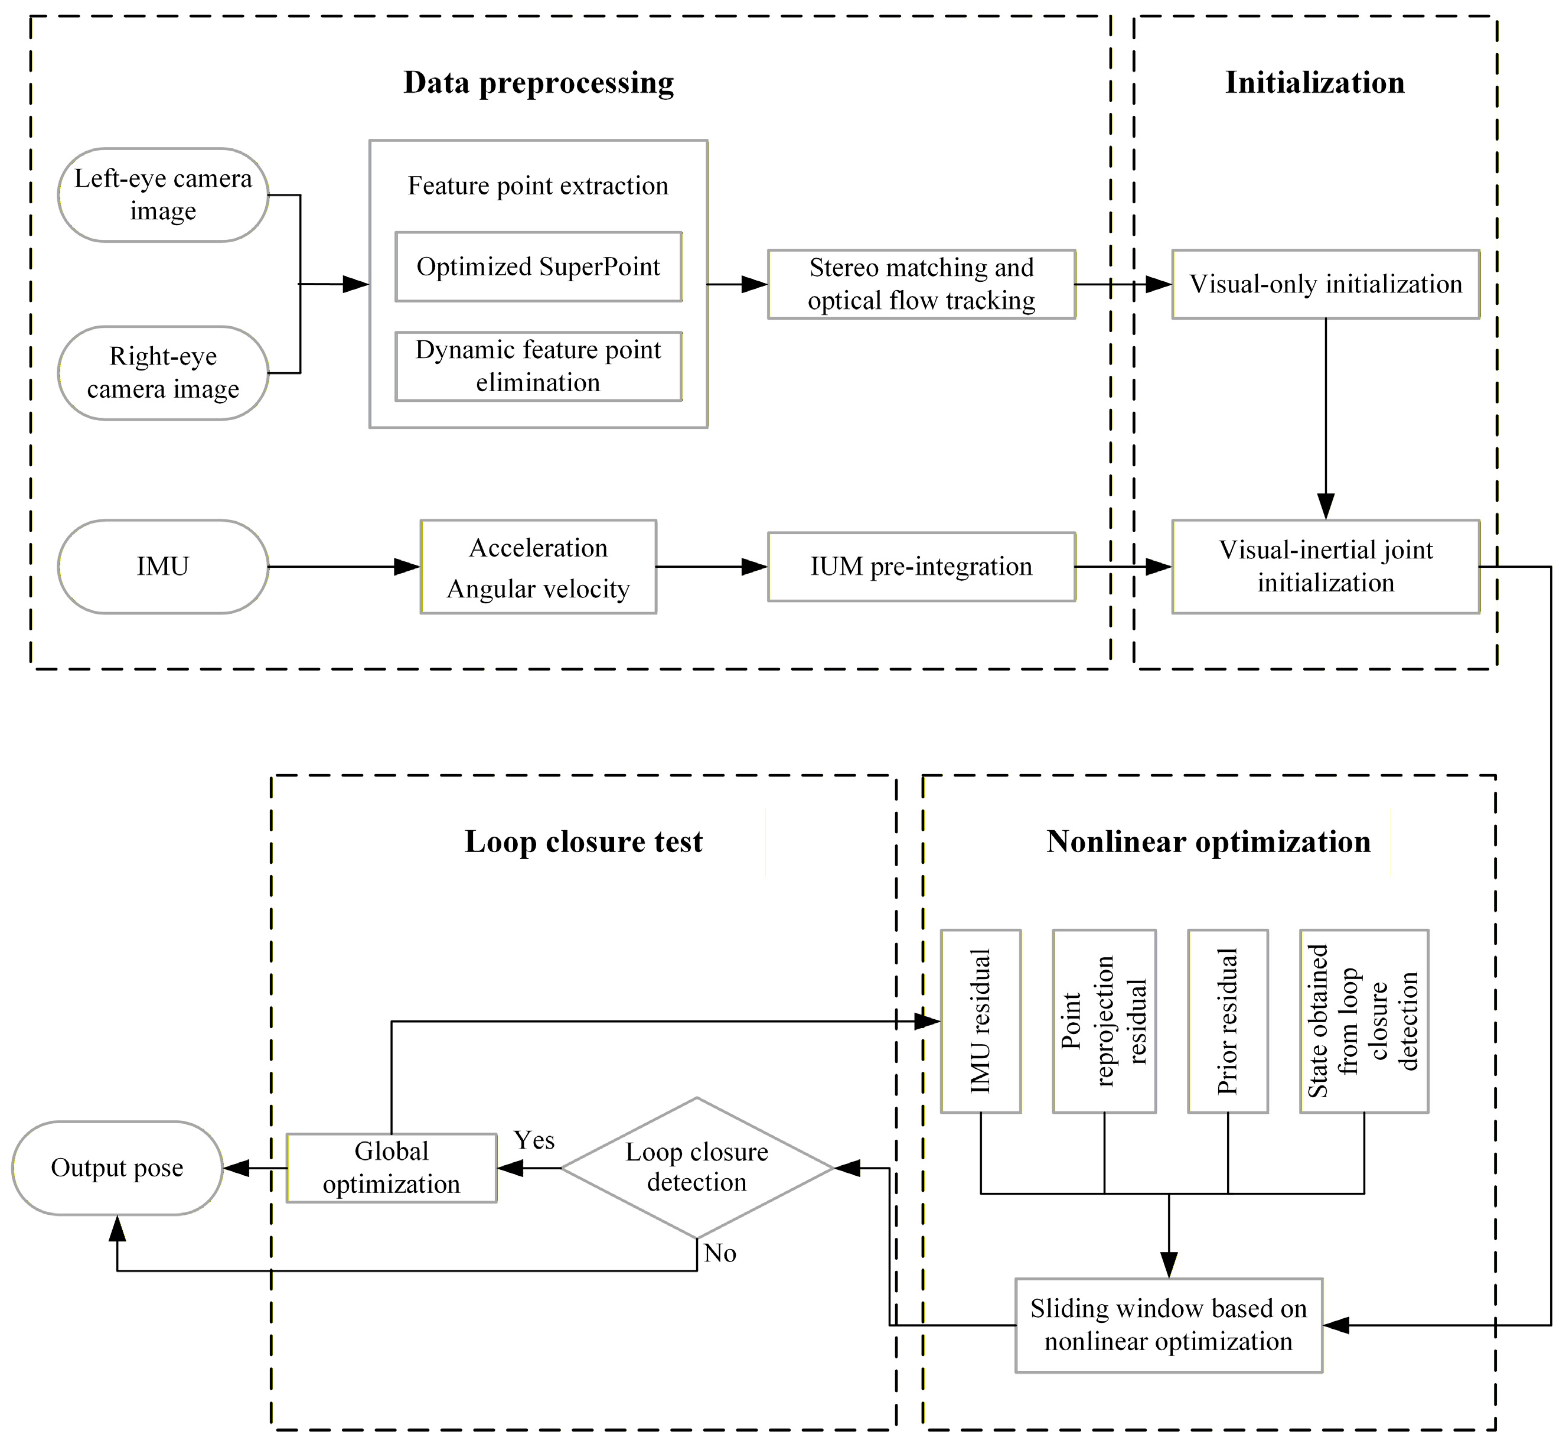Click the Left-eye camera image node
pos(163,195)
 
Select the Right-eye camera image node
pos(163,373)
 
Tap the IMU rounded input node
pos(163,566)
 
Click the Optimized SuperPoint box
pos(539,267)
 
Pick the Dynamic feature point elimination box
pos(539,366)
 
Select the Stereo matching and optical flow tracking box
pos(921,284)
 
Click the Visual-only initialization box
pos(1325,284)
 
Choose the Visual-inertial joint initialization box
pos(1325,566)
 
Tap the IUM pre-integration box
pos(921,567)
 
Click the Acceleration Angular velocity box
pos(539,567)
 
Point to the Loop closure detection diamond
pos(697,1168)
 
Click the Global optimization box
pos(391,1168)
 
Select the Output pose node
pos(118,1168)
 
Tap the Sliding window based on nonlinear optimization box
pos(1169,1325)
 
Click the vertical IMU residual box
pos(981,1020)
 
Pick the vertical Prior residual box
pos(1227,1020)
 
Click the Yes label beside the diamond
pos(534,1140)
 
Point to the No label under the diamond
pos(719,1253)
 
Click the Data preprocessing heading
pos(539,83)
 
